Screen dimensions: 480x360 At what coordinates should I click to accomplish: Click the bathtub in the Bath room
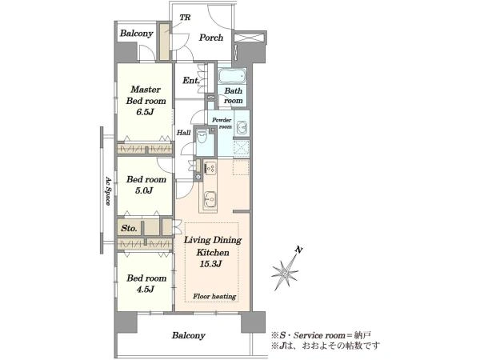coord(232,76)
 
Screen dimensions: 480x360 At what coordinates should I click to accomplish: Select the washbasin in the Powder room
coord(242,126)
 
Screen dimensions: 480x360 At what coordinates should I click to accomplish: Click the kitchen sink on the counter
coord(210,199)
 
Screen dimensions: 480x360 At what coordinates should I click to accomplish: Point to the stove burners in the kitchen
coord(210,168)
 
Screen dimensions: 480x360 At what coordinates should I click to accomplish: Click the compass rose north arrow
coord(286,270)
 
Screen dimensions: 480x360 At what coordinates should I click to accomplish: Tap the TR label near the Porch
coord(185,18)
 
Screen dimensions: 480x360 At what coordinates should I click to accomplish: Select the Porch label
coord(210,38)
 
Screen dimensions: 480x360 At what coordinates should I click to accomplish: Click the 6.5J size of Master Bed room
coord(145,112)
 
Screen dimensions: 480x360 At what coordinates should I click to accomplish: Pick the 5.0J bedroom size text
coord(144,190)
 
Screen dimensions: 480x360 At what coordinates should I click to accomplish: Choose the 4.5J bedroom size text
coord(145,289)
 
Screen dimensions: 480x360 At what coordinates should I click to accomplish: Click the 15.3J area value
coord(210,264)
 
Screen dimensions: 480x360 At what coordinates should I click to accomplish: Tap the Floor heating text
coord(214,296)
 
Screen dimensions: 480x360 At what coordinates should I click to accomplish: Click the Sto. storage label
coord(129,228)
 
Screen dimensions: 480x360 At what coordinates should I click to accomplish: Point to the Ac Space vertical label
coord(108,190)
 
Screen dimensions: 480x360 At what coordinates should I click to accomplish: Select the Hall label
coord(184,133)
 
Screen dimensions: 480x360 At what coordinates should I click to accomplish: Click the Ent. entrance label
coord(191,81)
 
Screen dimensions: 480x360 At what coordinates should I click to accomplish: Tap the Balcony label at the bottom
coord(188,335)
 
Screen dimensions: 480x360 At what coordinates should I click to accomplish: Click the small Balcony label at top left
coord(136,34)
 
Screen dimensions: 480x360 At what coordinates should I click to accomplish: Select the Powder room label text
coord(222,123)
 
